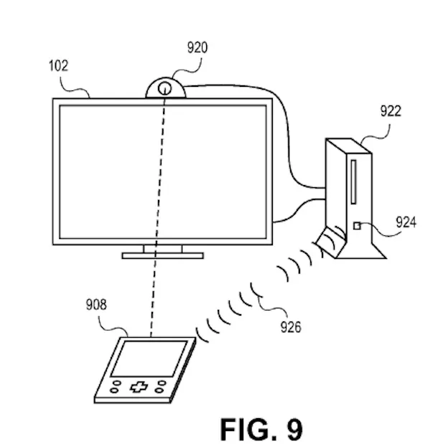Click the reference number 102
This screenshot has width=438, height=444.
(x=59, y=66)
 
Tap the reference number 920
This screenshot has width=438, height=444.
(x=197, y=48)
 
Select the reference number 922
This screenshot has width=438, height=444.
(x=391, y=110)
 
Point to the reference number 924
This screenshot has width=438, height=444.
(x=406, y=222)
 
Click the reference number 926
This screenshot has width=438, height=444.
(x=292, y=328)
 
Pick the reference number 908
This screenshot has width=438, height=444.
(x=95, y=305)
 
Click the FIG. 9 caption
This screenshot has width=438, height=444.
(x=261, y=428)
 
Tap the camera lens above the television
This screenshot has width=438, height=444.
(x=164, y=89)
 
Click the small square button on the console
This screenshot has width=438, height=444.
(x=356, y=227)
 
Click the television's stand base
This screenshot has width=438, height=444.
(x=162, y=255)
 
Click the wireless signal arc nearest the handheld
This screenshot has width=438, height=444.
(x=202, y=331)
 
